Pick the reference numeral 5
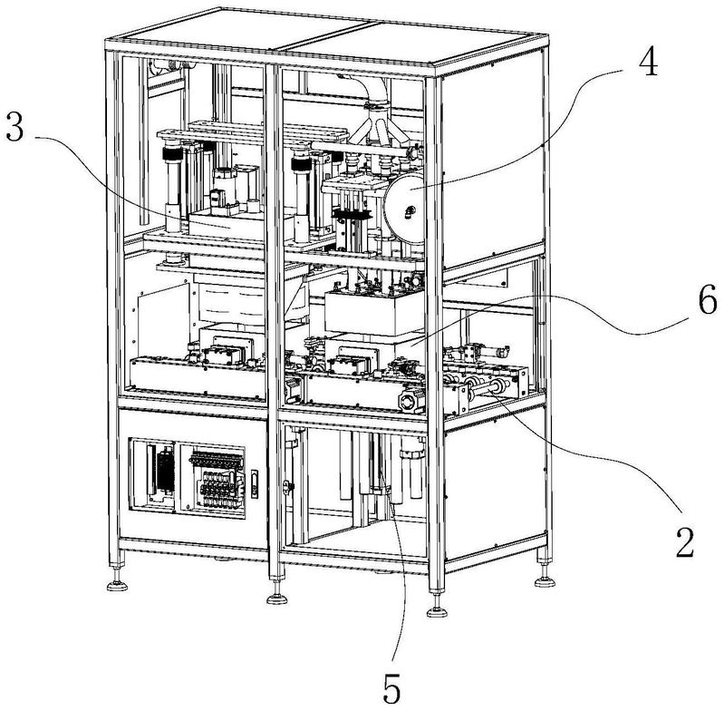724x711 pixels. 391,688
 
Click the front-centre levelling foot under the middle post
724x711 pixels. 275,598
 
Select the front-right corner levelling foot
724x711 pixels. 436,606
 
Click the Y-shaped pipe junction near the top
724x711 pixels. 377,126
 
